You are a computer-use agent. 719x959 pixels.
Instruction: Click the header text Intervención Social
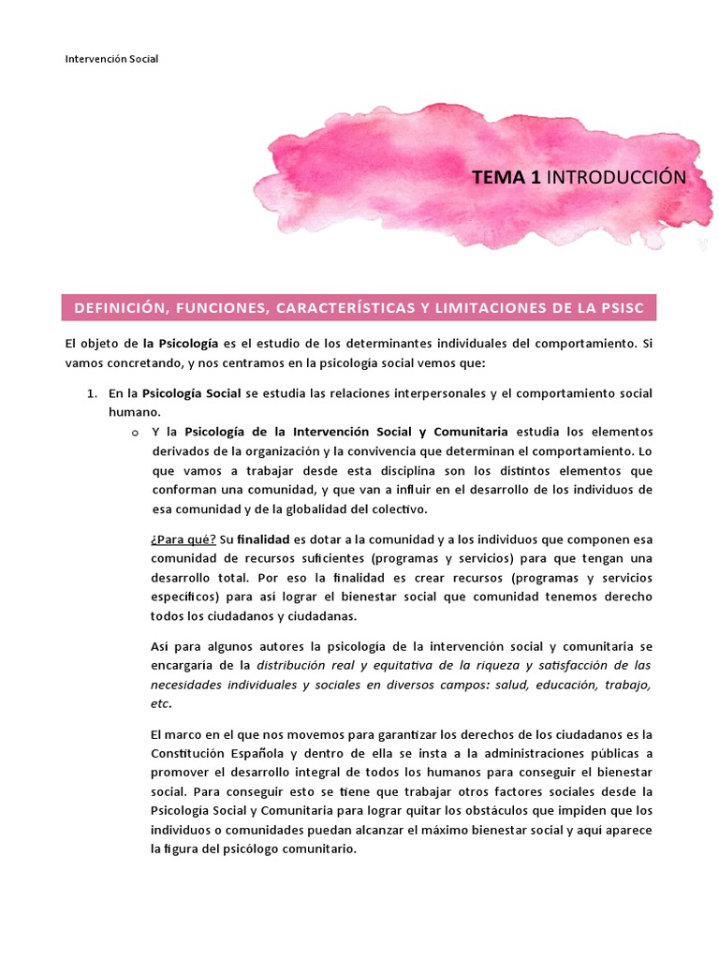pyautogui.click(x=111, y=59)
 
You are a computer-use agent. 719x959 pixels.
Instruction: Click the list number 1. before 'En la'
pyautogui.click(x=94, y=392)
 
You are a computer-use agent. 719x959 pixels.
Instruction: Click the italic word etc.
pyautogui.click(x=161, y=704)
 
